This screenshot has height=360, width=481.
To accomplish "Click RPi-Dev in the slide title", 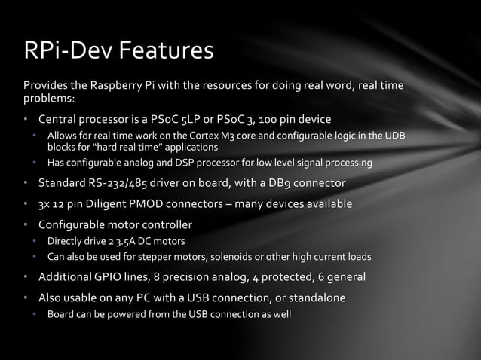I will click(x=65, y=51).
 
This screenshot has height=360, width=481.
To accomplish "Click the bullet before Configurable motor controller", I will click(x=26, y=224).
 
